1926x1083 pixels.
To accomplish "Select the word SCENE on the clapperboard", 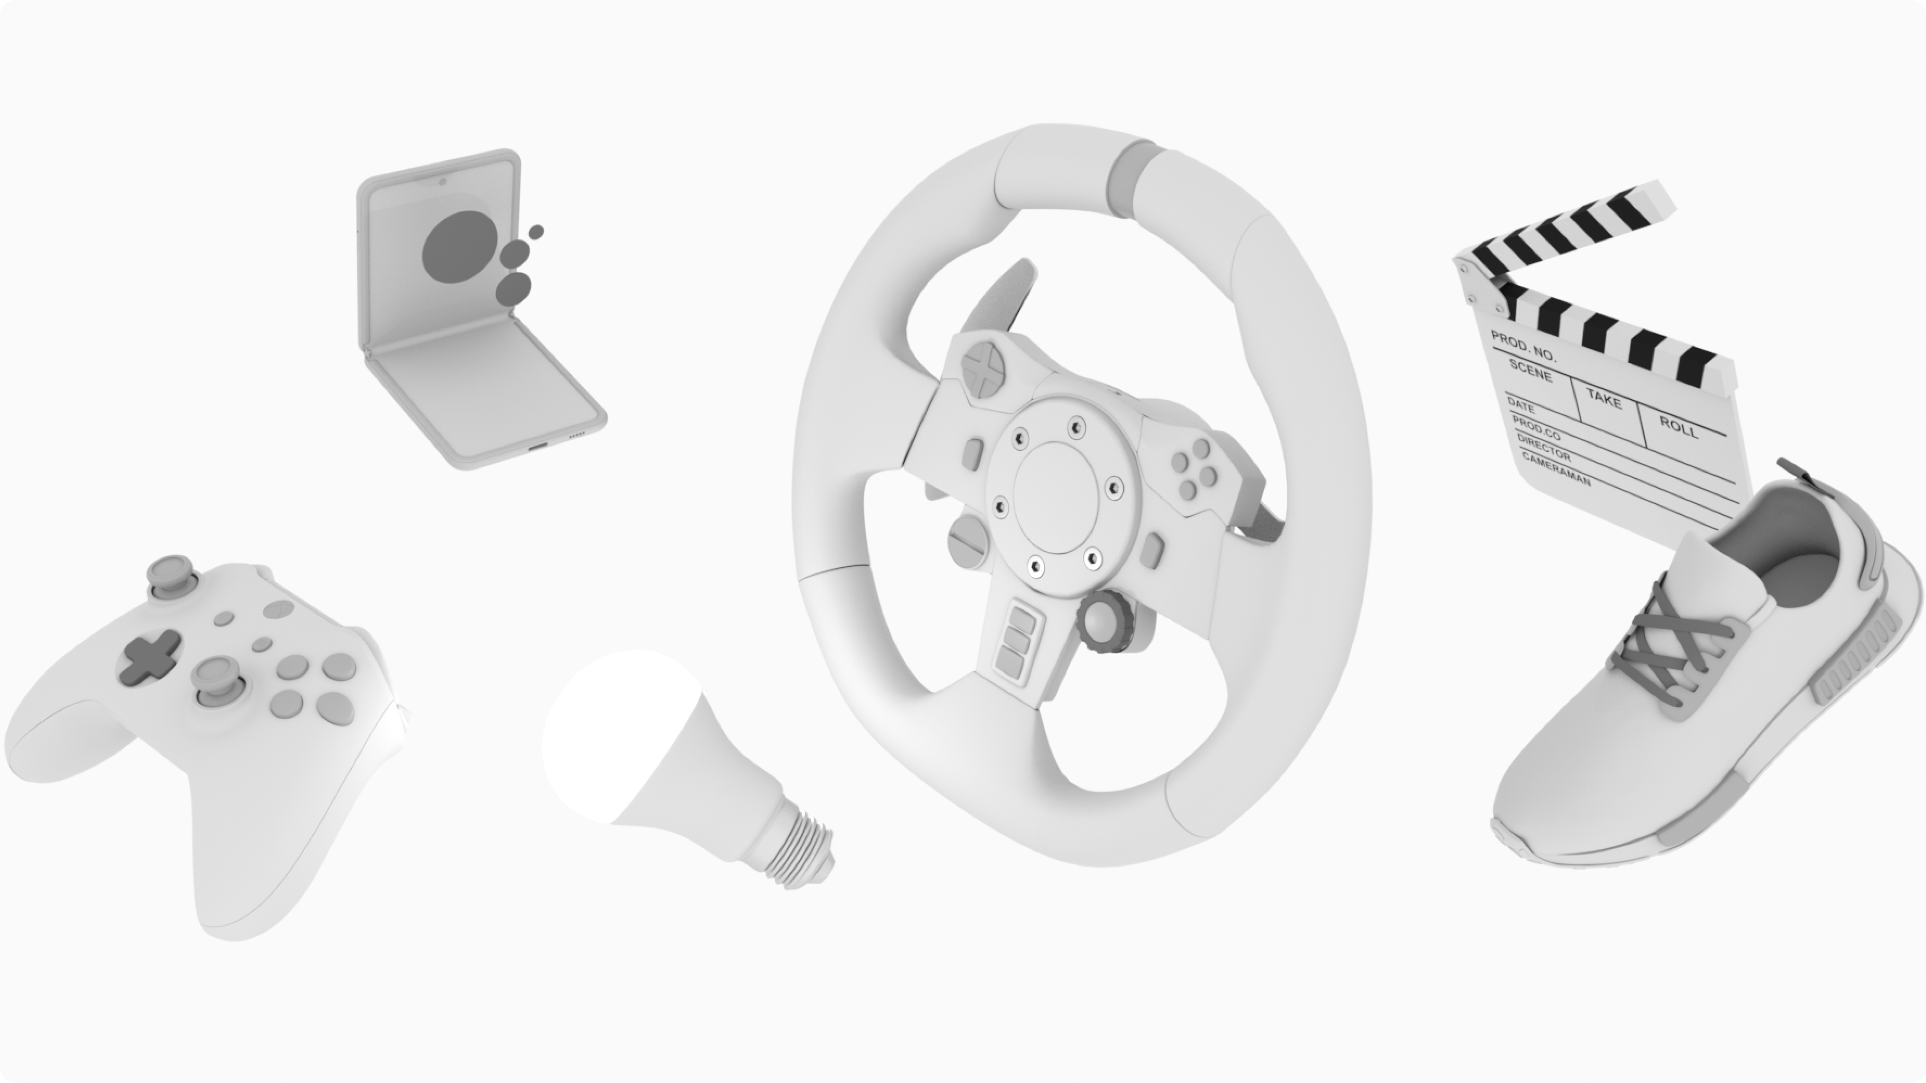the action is point(1530,370).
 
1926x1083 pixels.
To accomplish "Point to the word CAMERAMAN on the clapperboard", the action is point(1557,470).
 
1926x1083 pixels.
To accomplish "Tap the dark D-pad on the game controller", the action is point(150,658).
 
